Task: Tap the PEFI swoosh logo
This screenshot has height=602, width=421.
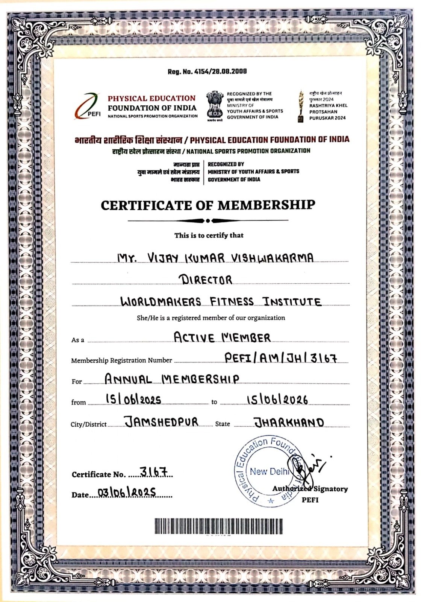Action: pyautogui.click(x=88, y=106)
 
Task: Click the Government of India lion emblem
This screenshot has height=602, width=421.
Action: pyautogui.click(x=215, y=106)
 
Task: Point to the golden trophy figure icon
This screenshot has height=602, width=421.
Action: pyautogui.click(x=301, y=106)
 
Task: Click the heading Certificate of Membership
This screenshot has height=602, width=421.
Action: pyautogui.click(x=208, y=205)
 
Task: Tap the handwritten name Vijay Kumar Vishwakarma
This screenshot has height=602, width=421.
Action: pyautogui.click(x=215, y=258)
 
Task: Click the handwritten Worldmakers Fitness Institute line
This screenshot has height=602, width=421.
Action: pyautogui.click(x=221, y=301)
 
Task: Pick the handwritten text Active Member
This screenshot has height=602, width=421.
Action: pyautogui.click(x=222, y=337)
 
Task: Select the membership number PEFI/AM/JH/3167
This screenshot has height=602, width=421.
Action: pyautogui.click(x=280, y=358)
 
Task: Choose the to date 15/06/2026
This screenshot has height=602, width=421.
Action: pyautogui.click(x=277, y=400)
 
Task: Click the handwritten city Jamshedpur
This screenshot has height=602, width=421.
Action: pyautogui.click(x=161, y=422)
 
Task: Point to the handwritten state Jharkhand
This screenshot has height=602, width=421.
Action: pyautogui.click(x=289, y=422)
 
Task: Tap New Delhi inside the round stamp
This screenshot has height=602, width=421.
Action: pyautogui.click(x=270, y=471)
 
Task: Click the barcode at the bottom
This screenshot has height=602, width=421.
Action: pyautogui.click(x=218, y=526)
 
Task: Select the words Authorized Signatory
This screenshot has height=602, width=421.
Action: pyautogui.click(x=310, y=489)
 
